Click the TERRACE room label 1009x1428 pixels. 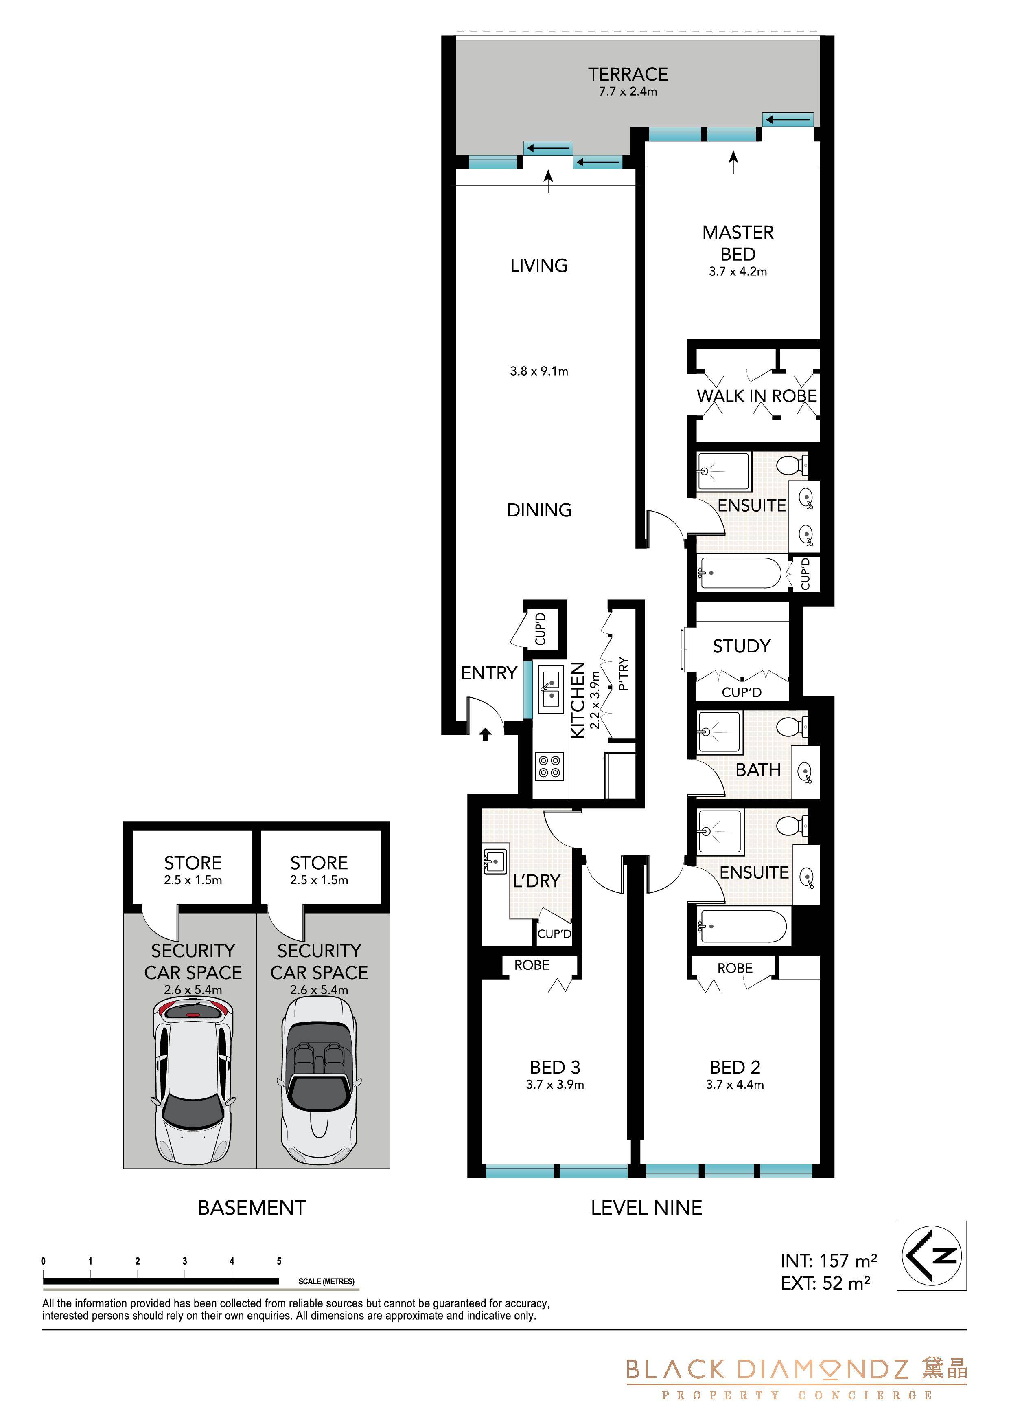(x=628, y=75)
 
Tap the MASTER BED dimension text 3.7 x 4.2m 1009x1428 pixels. (x=738, y=272)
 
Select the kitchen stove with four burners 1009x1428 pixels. (x=549, y=766)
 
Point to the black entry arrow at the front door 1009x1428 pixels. (x=485, y=735)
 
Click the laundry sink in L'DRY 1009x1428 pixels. (x=495, y=862)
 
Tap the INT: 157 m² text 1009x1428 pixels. (x=829, y=1261)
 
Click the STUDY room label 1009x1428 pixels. (x=742, y=646)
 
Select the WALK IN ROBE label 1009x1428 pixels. (x=757, y=396)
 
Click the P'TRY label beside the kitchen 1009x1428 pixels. (x=624, y=674)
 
